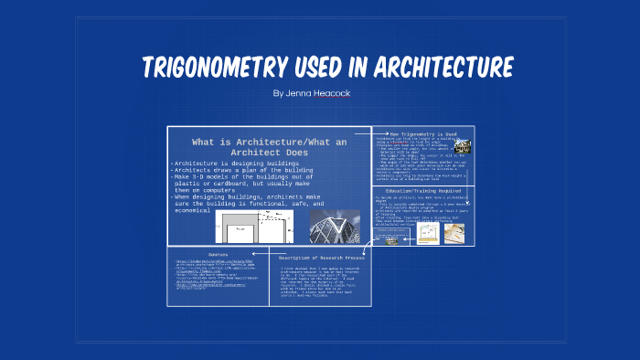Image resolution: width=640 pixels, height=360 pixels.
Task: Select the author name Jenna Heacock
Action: coord(311,93)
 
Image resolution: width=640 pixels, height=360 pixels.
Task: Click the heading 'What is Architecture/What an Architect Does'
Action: coord(269,147)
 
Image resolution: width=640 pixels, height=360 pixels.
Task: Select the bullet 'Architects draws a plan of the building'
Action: coord(241,170)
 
